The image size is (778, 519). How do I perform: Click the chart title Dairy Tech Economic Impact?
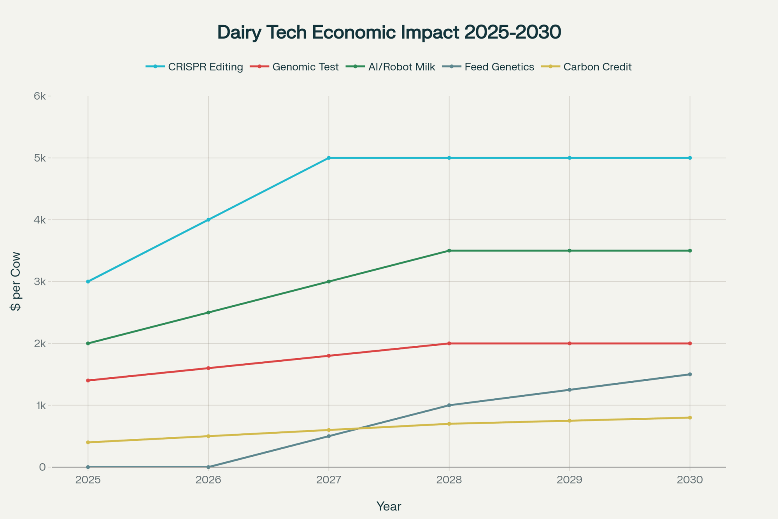click(x=389, y=32)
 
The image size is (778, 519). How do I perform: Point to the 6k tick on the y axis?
click(x=40, y=96)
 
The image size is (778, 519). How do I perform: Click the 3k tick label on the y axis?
click(x=40, y=281)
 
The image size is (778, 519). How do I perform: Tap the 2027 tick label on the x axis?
click(x=329, y=480)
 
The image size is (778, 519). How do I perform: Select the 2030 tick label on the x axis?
click(x=690, y=480)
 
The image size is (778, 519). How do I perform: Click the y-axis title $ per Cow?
click(x=16, y=281)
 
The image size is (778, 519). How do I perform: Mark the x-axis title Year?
click(x=389, y=506)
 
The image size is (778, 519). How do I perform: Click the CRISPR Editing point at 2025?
click(x=88, y=281)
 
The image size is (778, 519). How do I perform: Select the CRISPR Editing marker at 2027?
click(x=329, y=158)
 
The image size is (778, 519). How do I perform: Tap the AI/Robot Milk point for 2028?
click(x=449, y=251)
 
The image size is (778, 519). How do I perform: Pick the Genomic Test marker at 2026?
click(x=209, y=368)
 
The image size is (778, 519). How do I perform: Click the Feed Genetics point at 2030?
click(x=690, y=374)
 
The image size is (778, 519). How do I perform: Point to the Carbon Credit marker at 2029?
click(x=569, y=420)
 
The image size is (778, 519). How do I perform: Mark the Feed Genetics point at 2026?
click(x=209, y=467)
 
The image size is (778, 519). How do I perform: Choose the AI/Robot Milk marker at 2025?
click(x=88, y=343)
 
